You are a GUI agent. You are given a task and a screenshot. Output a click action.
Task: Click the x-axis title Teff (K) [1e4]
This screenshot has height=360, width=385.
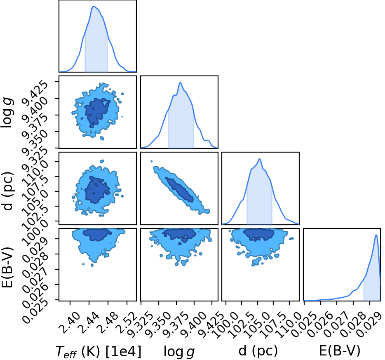tap(99, 351)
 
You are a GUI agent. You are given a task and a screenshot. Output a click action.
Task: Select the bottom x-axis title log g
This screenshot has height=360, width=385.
tap(179, 352)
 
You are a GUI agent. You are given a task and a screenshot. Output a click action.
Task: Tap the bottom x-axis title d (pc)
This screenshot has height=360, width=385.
tap(258, 351)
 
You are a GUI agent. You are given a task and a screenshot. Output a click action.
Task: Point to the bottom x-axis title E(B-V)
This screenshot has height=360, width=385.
tap(340, 351)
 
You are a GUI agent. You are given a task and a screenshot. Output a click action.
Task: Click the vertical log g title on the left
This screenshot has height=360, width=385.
tap(7, 113)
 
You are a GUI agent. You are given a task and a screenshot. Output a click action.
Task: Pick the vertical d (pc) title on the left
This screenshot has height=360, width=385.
tap(7, 191)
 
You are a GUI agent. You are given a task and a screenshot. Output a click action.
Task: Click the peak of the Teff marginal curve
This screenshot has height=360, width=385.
tap(93, 6)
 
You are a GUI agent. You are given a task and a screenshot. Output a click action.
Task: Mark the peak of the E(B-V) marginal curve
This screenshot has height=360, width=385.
tap(376, 235)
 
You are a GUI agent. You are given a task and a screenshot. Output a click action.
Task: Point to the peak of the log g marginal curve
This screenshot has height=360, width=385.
tap(181, 82)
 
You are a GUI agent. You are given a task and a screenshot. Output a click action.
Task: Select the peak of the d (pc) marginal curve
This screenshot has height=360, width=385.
tap(260, 159)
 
